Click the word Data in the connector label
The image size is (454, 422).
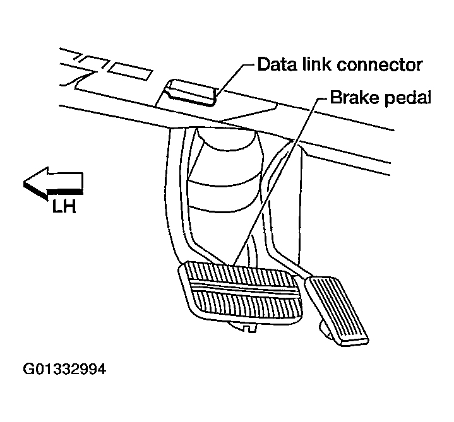pyautogui.click(x=275, y=64)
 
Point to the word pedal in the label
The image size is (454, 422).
pyautogui.click(x=407, y=99)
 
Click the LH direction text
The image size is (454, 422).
pyautogui.click(x=64, y=206)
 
